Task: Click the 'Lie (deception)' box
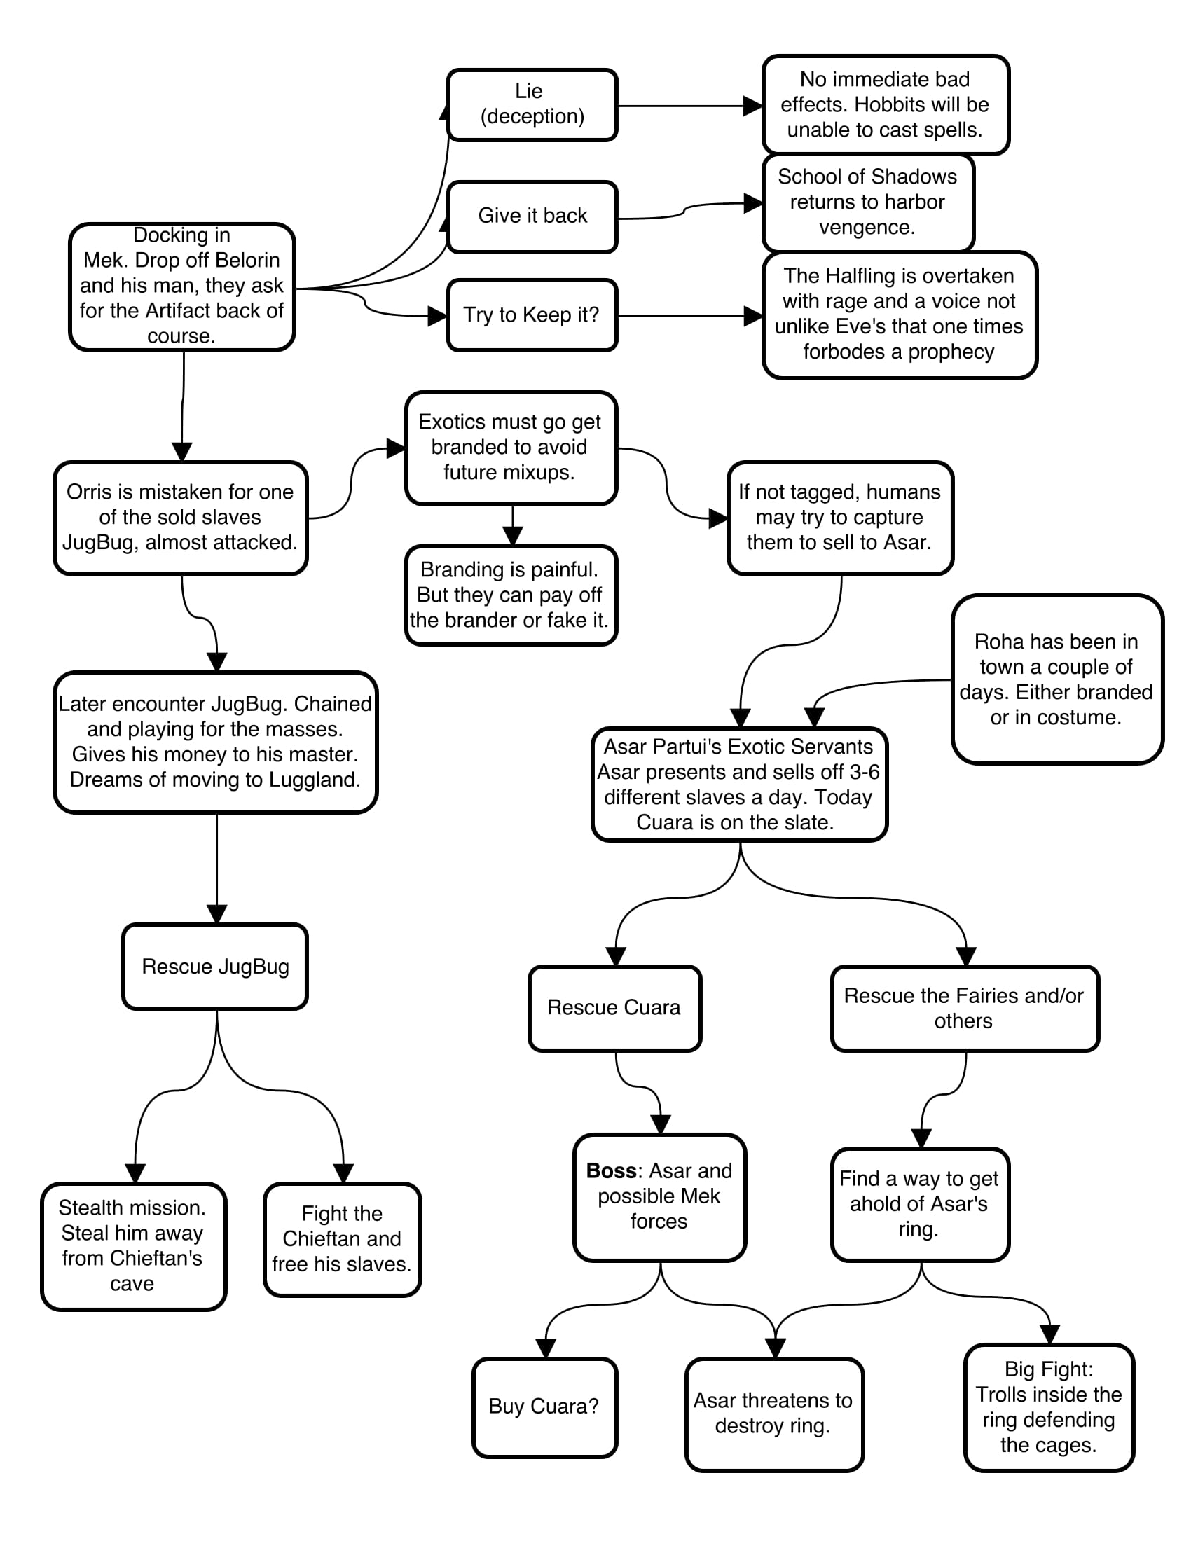532,104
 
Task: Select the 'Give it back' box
532,216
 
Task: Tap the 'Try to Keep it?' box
532,315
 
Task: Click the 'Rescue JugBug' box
215,966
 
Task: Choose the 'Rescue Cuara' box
614,1007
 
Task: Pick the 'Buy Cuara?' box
544,1407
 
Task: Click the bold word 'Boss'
611,1170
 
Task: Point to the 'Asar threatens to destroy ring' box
774,1414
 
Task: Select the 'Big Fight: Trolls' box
1049,1407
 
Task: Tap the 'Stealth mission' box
132,1246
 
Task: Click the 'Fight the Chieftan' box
342,1239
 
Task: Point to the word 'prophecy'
951,352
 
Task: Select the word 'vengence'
867,227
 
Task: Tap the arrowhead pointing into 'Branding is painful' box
513,537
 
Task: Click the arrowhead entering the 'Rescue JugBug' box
216,914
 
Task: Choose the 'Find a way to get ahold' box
919,1203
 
